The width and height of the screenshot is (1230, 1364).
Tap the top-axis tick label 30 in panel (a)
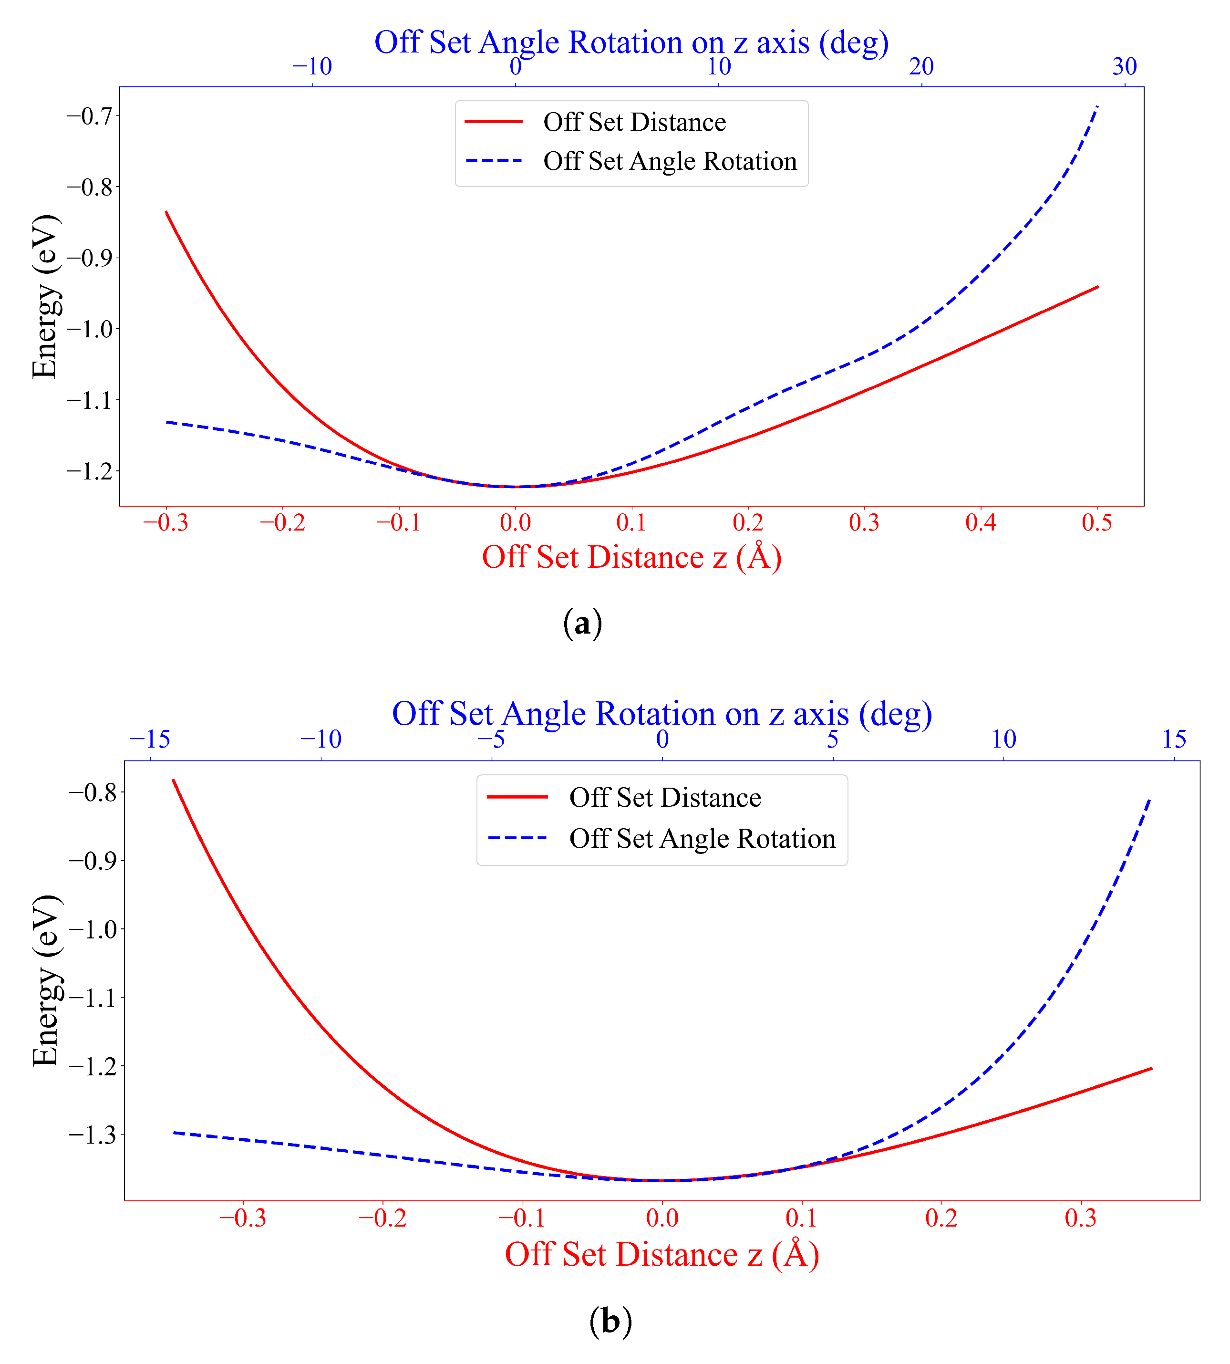point(1125,66)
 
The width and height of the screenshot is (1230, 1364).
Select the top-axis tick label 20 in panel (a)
point(921,66)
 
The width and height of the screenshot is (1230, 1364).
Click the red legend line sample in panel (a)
point(494,122)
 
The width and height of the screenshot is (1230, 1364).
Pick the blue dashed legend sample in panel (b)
point(517,838)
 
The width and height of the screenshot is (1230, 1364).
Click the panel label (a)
point(582,623)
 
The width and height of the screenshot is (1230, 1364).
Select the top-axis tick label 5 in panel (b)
point(833,739)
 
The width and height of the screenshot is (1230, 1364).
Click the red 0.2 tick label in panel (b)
point(941,1218)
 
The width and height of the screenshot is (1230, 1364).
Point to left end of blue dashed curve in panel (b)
point(175,1132)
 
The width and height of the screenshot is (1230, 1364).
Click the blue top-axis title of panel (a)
point(631,42)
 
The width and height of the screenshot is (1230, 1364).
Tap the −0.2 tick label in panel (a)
point(282,522)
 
